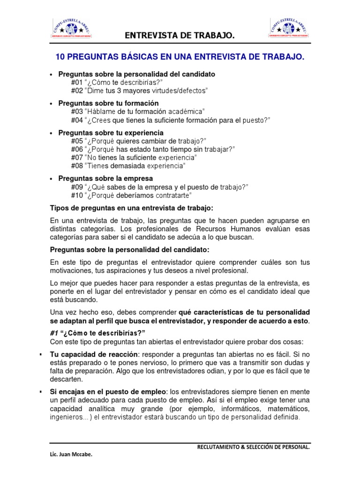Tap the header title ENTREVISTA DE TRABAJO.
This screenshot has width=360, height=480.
(x=180, y=36)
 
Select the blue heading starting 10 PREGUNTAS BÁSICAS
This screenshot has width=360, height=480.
(x=180, y=57)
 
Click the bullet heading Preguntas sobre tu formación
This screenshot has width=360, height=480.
(x=108, y=103)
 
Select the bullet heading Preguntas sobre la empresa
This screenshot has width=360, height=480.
(x=105, y=179)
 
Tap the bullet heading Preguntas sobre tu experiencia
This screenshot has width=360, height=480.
(x=111, y=133)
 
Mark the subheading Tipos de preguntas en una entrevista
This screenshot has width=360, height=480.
(x=132, y=208)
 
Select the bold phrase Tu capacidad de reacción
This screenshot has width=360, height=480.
(x=94, y=354)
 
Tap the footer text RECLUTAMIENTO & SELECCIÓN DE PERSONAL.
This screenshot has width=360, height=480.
(x=253, y=447)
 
